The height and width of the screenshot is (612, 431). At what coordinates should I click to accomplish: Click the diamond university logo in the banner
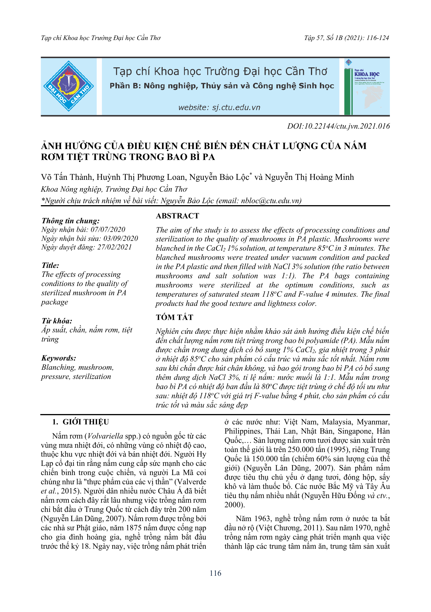click(x=69, y=86)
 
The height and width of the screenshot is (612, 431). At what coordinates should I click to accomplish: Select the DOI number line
click(x=338, y=126)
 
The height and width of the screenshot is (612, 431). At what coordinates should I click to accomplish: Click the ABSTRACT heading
click(x=177, y=216)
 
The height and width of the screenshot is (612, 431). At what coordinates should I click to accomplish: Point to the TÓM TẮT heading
click(x=174, y=317)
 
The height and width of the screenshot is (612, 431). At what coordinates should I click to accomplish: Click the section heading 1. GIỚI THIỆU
click(x=80, y=422)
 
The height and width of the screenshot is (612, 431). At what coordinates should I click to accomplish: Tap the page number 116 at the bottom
click(x=215, y=573)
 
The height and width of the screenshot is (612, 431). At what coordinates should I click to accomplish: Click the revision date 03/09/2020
click(x=121, y=238)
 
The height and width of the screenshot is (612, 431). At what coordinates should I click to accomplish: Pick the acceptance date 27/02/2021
click(x=114, y=247)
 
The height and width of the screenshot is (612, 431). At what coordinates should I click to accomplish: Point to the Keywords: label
click(x=59, y=358)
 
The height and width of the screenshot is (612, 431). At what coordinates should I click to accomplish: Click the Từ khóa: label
click(x=57, y=321)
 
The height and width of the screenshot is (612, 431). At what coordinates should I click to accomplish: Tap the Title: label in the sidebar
click(x=50, y=265)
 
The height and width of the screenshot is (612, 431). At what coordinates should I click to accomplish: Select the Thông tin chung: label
click(x=71, y=221)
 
